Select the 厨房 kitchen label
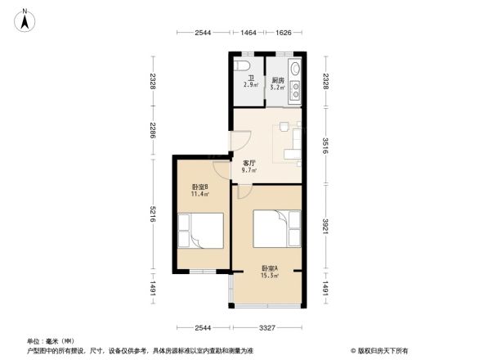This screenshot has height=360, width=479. click(x=278, y=80)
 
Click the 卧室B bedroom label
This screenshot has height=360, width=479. click(x=199, y=187)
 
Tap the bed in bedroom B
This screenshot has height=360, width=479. click(x=201, y=232)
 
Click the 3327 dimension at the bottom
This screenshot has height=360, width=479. click(x=267, y=328)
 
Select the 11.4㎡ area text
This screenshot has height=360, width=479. click(x=199, y=196)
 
